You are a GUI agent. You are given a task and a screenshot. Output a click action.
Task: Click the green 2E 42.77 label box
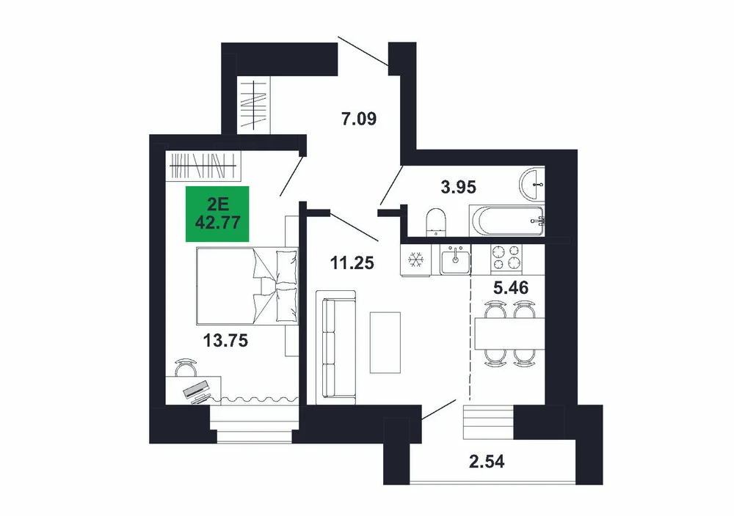click(217, 214)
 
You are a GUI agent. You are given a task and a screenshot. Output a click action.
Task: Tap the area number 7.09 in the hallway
click(359, 119)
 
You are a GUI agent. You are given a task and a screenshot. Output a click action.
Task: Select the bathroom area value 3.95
click(458, 187)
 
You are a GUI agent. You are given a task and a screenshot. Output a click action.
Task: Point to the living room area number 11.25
click(352, 263)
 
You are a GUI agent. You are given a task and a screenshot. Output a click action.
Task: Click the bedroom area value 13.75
click(225, 341)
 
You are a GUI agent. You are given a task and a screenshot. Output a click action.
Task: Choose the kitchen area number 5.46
click(511, 287)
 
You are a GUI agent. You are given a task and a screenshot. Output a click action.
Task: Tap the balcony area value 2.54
click(487, 462)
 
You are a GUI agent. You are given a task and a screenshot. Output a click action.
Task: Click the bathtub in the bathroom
click(507, 221)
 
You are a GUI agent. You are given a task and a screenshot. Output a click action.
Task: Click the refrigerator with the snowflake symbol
click(415, 260)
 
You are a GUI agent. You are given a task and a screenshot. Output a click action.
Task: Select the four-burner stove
click(506, 259)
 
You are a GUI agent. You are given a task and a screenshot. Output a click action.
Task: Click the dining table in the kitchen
click(510, 333)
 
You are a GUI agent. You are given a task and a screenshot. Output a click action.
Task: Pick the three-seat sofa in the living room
click(335, 347)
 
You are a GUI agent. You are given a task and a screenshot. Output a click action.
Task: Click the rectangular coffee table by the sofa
click(385, 342)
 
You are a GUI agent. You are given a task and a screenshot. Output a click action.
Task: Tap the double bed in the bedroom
click(247, 286)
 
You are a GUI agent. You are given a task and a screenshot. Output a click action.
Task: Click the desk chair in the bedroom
click(186, 367)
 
